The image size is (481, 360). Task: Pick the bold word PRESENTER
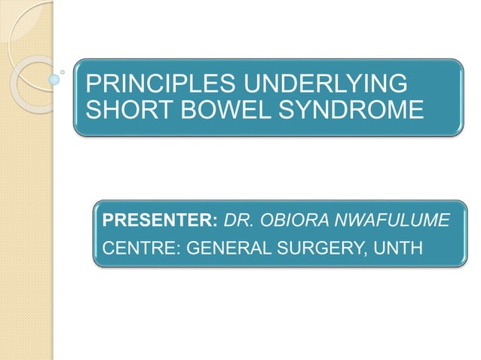point(158,221)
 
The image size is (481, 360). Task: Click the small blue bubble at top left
point(55,78)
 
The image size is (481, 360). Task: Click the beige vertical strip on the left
point(26,226)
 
